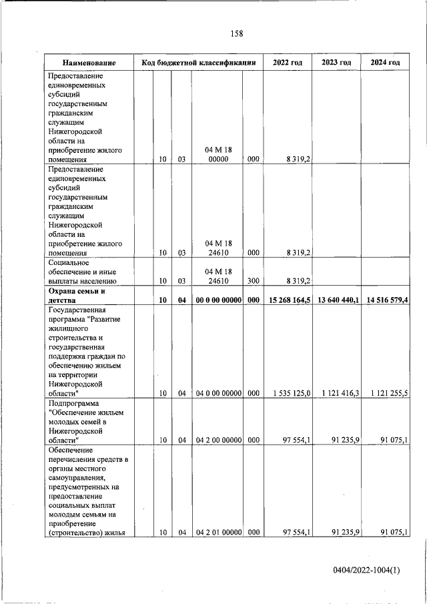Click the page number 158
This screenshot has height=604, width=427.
[x=236, y=34]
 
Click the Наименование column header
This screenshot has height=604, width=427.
[x=89, y=63]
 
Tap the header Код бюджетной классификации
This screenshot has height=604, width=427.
[x=199, y=63]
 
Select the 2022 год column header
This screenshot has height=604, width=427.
[x=288, y=63]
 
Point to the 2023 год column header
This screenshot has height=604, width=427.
[x=336, y=63]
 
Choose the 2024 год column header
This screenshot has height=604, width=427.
[x=385, y=63]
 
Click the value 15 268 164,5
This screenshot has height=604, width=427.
[x=287, y=300]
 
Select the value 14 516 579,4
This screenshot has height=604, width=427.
[x=386, y=300]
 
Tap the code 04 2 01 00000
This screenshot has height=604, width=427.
[x=218, y=532]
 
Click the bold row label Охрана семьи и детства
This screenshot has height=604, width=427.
[x=78, y=296]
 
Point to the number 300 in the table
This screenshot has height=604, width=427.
[x=253, y=282]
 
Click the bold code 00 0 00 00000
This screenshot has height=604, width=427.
[x=218, y=300]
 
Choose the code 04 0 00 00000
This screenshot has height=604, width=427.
[x=218, y=394]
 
